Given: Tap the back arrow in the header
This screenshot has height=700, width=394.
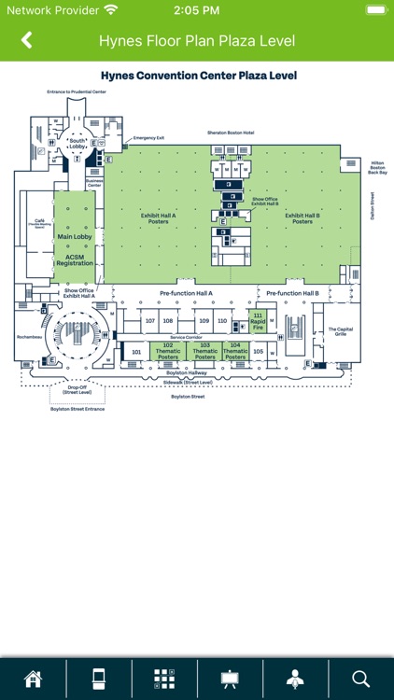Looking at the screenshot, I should pyautogui.click(x=26, y=40).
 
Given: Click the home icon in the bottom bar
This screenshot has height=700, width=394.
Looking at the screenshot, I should pyautogui.click(x=33, y=679).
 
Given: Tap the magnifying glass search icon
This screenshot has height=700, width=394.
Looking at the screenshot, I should pyautogui.click(x=361, y=679).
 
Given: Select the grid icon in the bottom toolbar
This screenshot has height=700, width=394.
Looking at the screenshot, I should pyautogui.click(x=164, y=679).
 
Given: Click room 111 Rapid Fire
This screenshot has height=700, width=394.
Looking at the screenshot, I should pyautogui.click(x=258, y=320).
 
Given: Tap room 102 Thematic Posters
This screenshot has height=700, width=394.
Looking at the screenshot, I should pyautogui.click(x=168, y=351).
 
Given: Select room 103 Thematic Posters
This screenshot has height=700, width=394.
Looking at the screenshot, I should pyautogui.click(x=204, y=351).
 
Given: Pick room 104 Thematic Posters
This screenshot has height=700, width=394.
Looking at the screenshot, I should pyautogui.click(x=235, y=351).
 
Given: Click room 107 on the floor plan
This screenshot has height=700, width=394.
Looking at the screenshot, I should pyautogui.click(x=150, y=321).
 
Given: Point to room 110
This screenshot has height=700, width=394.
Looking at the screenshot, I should pyautogui.click(x=221, y=321).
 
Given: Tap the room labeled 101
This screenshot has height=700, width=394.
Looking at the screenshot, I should pyautogui.click(x=135, y=352).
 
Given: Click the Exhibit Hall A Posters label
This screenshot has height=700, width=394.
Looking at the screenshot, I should pyautogui.click(x=158, y=218).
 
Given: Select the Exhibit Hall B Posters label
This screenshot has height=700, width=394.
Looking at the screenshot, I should pyautogui.click(x=303, y=218).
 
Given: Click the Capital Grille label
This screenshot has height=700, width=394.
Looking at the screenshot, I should pyautogui.click(x=339, y=331).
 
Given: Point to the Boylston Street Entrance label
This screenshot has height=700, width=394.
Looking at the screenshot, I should pyautogui.click(x=77, y=409).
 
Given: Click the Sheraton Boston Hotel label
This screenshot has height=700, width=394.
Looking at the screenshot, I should pyautogui.click(x=231, y=133).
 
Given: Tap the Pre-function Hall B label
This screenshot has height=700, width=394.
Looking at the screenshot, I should pyautogui.click(x=292, y=293).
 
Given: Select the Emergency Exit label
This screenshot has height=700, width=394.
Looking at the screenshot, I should pyautogui.click(x=148, y=138).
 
